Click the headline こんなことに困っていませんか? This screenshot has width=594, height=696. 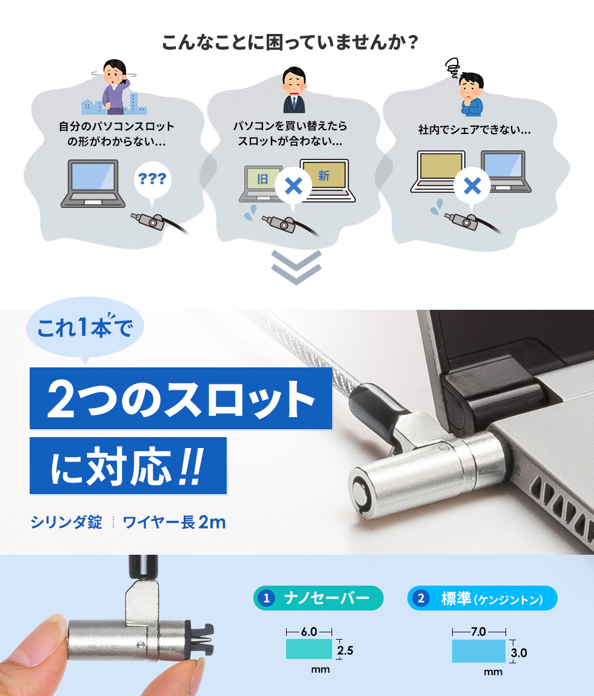click(290, 42)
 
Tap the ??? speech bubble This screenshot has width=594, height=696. click(152, 180)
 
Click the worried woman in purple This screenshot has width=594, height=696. click(115, 87)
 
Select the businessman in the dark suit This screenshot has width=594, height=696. click(294, 90)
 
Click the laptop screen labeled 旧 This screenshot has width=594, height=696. click(262, 179)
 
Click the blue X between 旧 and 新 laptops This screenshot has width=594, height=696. click(293, 186)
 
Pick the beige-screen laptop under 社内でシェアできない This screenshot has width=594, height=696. click(438, 172)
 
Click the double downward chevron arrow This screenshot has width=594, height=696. click(296, 267)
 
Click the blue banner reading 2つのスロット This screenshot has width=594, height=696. click(181, 398)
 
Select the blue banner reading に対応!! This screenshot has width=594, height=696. click(128, 466)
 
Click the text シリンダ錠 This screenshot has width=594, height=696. click(67, 522)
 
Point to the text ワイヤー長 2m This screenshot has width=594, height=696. click(174, 522)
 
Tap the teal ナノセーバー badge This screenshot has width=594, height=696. click(318, 598)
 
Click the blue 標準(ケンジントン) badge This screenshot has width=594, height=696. click(482, 598)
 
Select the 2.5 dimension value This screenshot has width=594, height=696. click(345, 651)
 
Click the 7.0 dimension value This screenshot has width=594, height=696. click(479, 632)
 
